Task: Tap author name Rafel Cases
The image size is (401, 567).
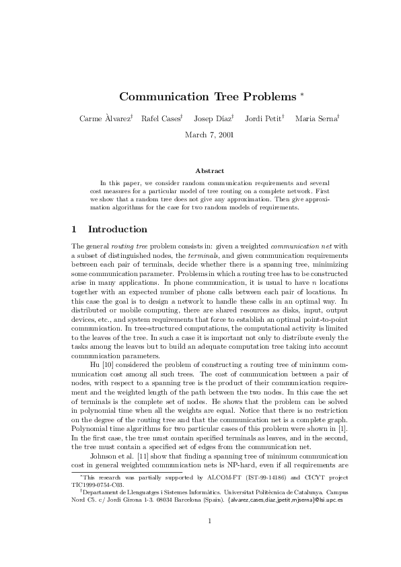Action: coord(161,119)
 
